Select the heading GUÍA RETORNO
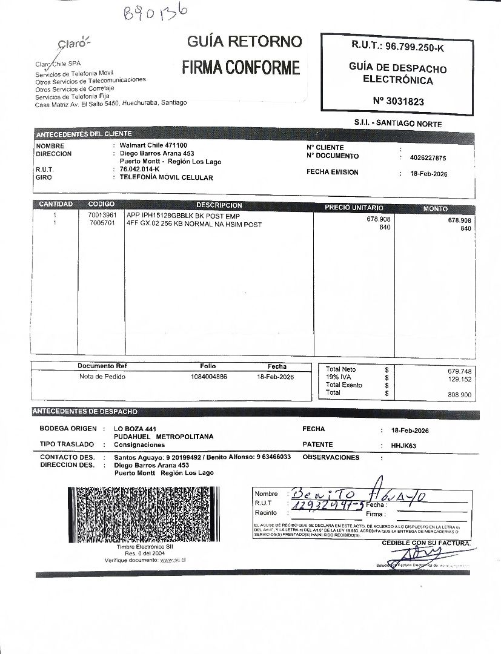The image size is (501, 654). [244, 41]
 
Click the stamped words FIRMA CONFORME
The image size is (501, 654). [241, 67]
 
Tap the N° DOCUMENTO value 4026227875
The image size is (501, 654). [428, 158]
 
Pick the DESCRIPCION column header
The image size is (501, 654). [219, 205]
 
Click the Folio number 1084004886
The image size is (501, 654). [209, 377]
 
